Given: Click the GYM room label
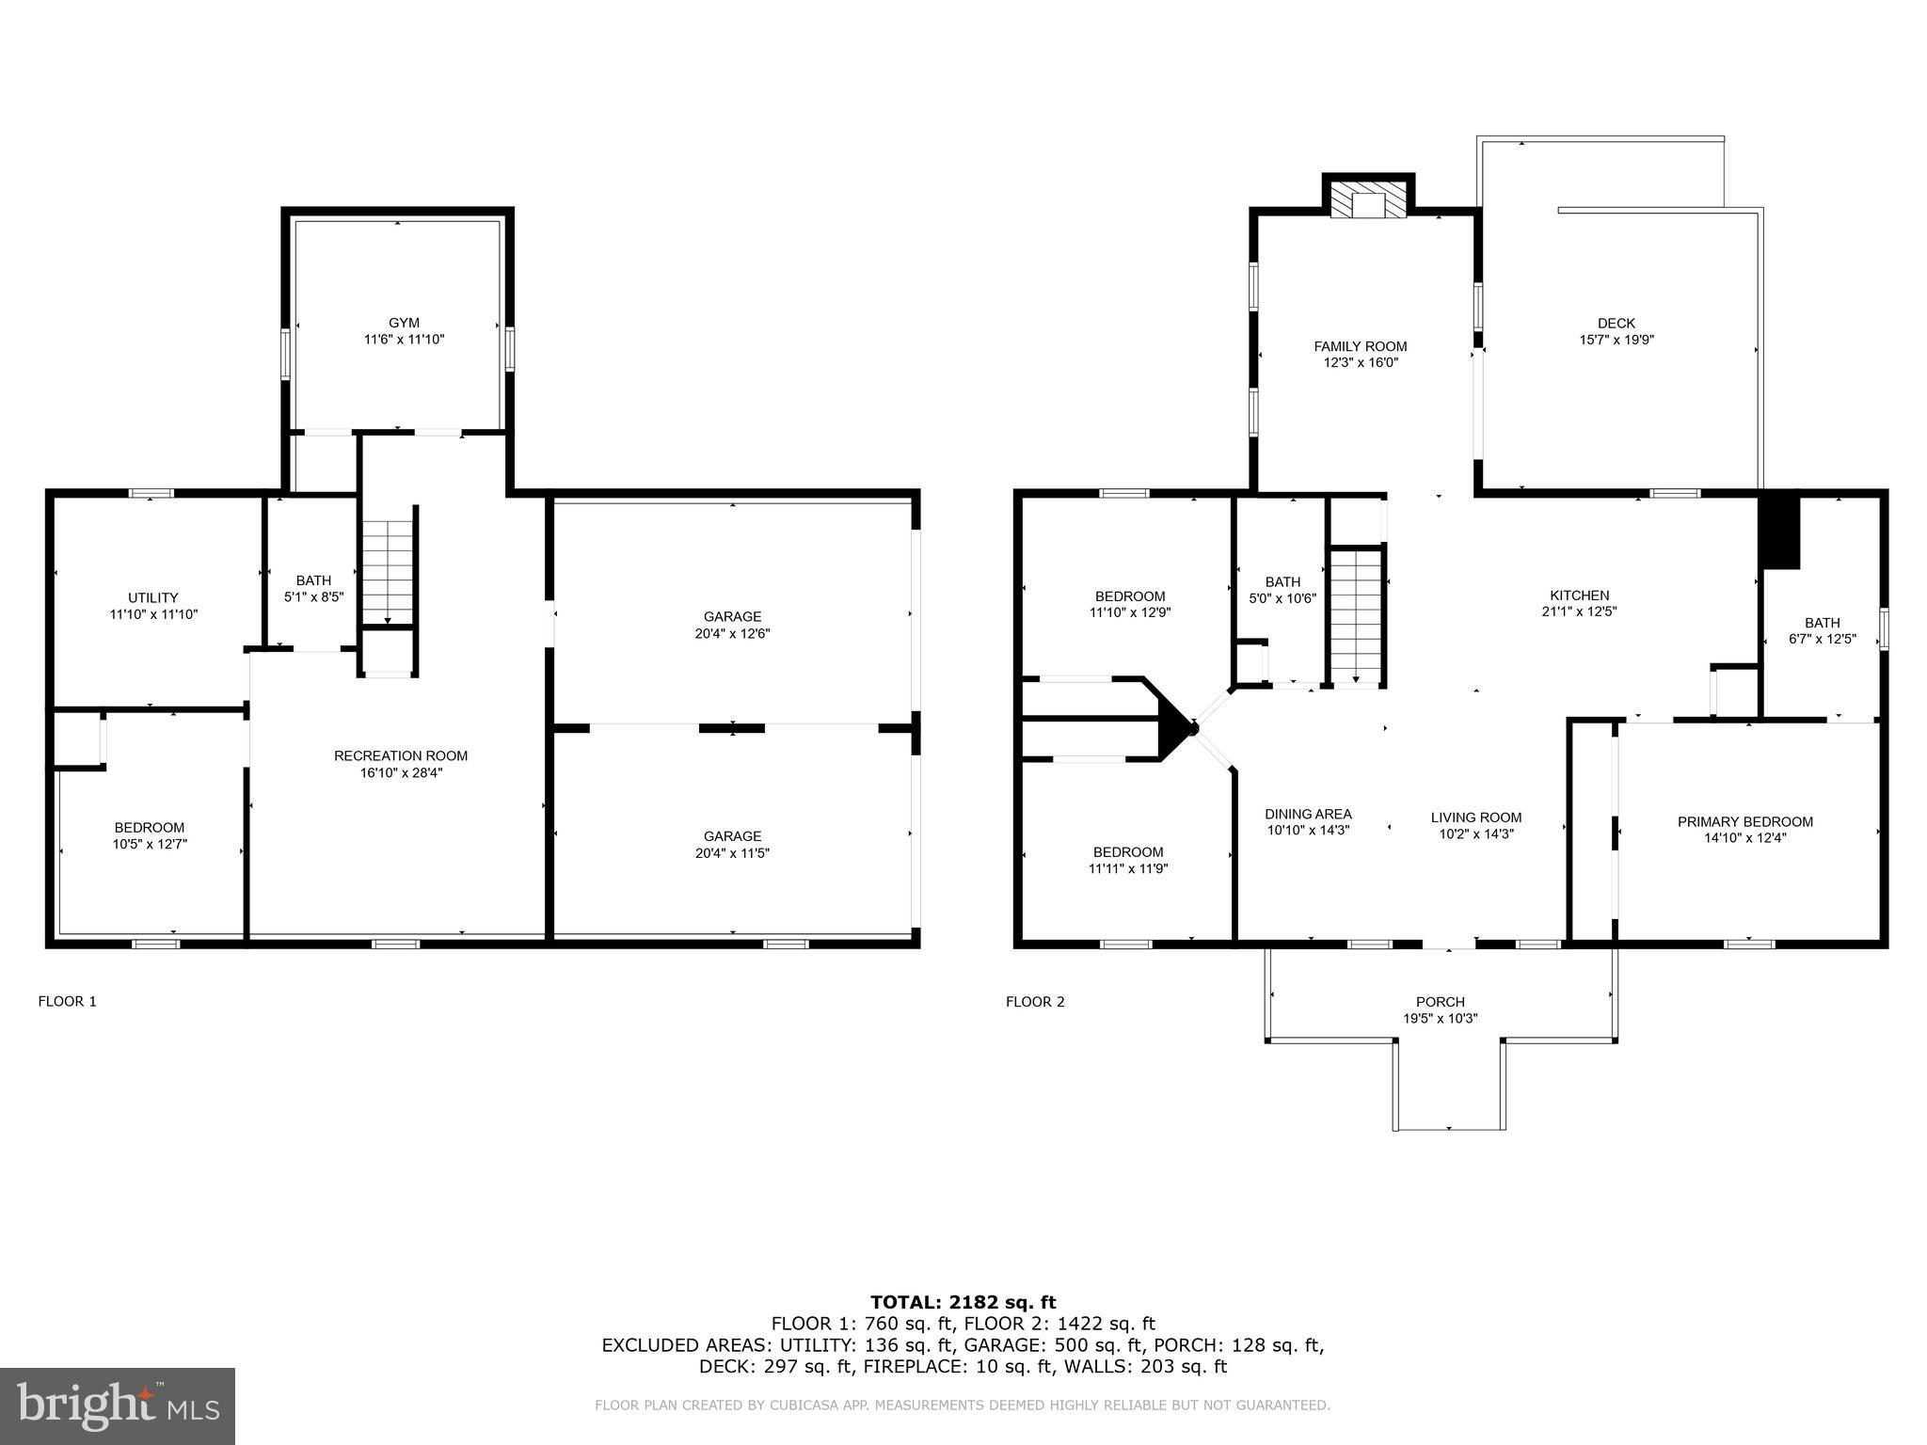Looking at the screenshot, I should [x=404, y=323].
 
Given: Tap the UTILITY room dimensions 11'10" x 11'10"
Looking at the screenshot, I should [x=153, y=614].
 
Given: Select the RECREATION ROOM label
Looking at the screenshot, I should [x=401, y=755].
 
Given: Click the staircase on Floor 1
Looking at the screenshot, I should [x=389, y=564].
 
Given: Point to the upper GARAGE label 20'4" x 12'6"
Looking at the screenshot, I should [x=732, y=625].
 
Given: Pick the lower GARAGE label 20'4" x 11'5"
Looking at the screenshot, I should [x=732, y=844].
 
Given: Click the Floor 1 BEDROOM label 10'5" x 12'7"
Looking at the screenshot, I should [x=150, y=835].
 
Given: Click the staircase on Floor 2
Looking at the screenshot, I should [x=1356, y=616].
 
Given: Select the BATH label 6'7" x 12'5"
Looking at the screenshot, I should [x=1823, y=630].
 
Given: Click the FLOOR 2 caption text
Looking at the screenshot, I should [x=1035, y=1001].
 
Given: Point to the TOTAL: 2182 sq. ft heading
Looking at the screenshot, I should [x=963, y=1302].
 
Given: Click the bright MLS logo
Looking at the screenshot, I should [x=118, y=1406].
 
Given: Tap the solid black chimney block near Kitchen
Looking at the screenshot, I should [x=1779, y=532].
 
